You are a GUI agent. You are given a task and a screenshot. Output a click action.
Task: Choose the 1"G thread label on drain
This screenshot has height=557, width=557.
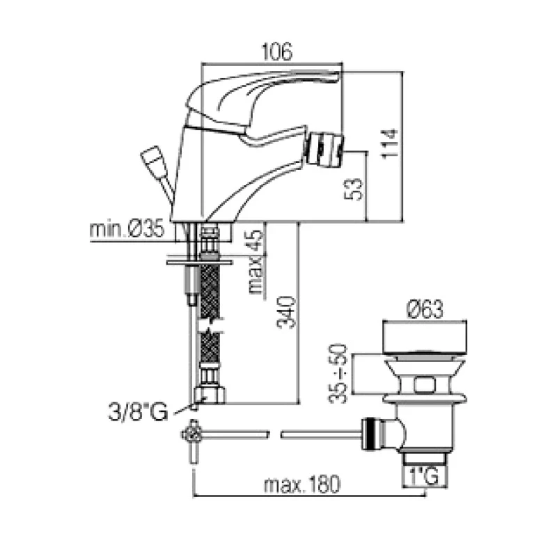coord(423,478)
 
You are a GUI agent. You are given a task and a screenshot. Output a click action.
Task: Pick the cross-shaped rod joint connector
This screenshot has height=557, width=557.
coord(192,434)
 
